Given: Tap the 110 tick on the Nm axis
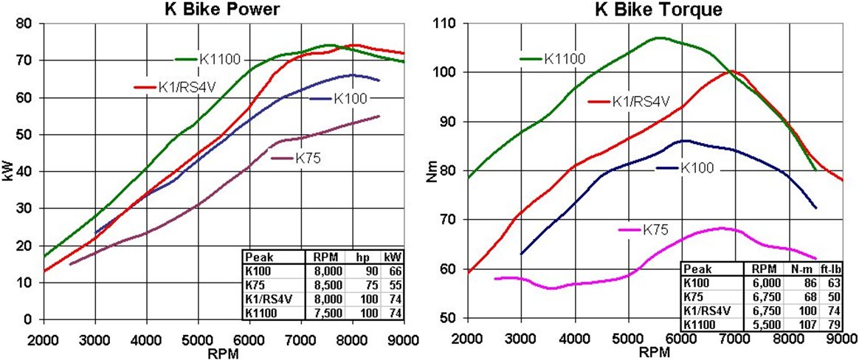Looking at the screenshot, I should (x=451, y=24).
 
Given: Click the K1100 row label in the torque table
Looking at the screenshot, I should (x=701, y=323).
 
